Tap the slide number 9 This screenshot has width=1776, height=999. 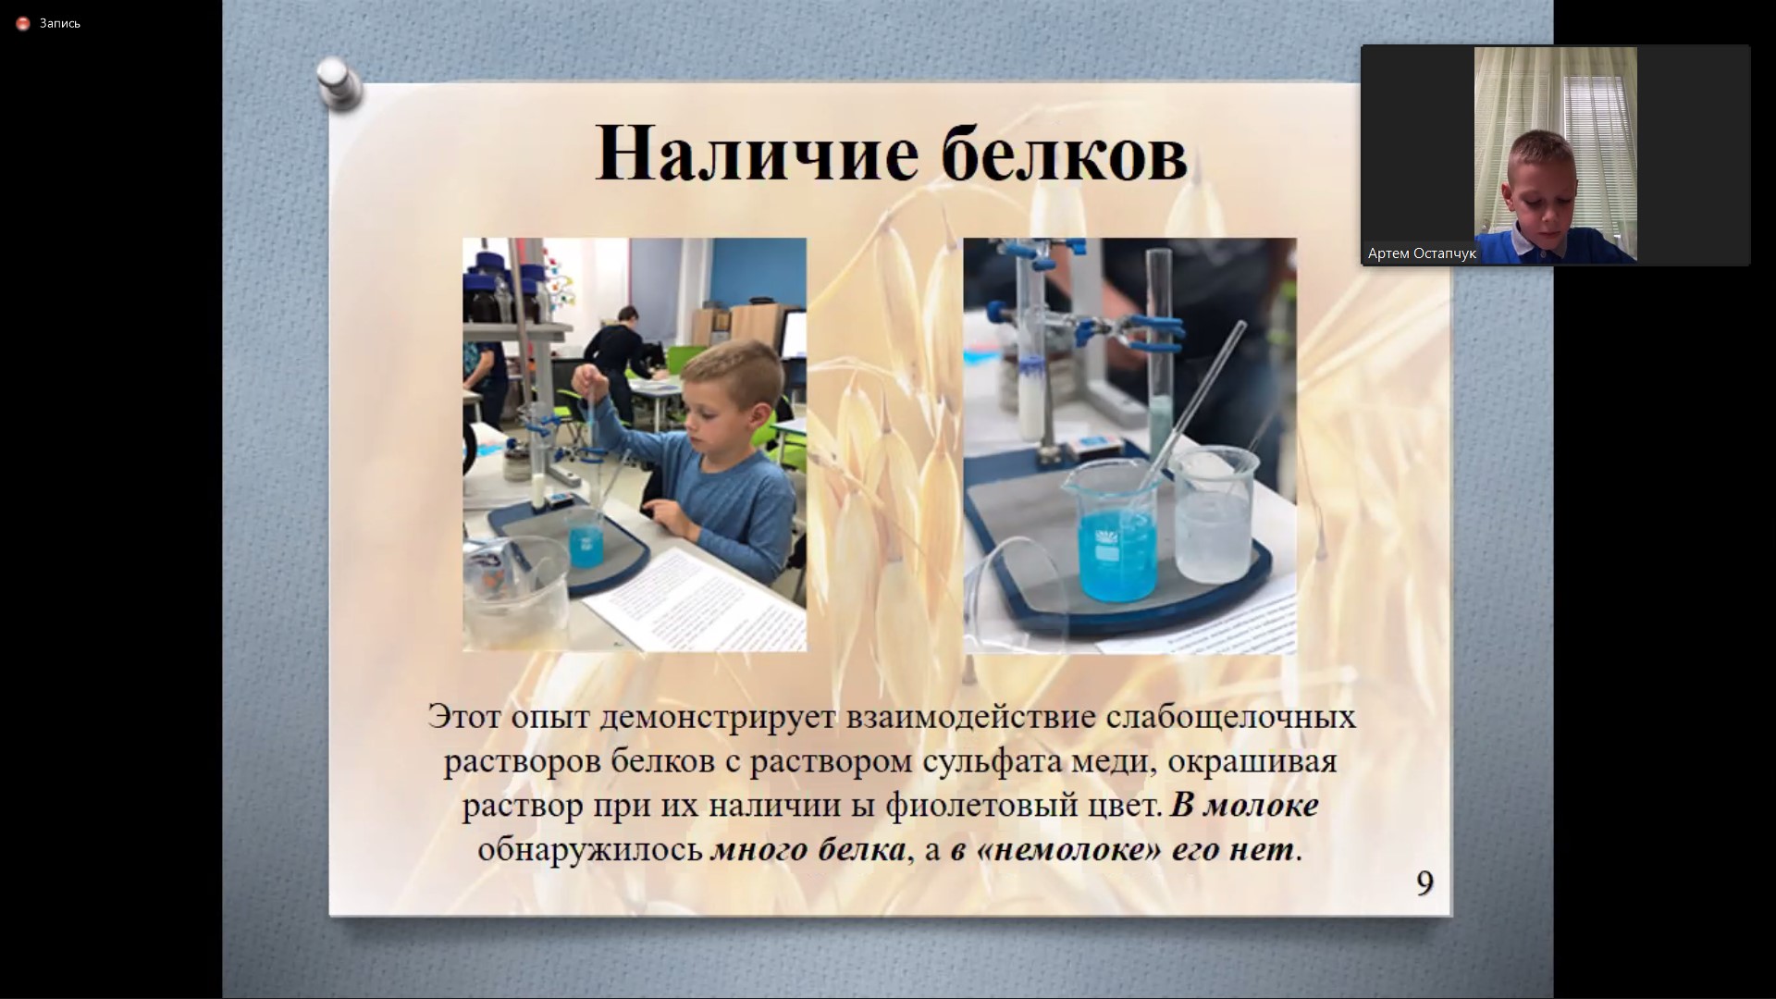(x=1424, y=883)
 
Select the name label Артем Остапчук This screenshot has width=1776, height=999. (x=1422, y=253)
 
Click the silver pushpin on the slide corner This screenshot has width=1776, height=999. (x=338, y=83)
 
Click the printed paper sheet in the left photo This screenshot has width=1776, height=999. (x=694, y=592)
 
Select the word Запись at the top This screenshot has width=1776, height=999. (x=60, y=23)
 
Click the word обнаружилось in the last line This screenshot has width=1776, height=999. (x=590, y=850)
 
